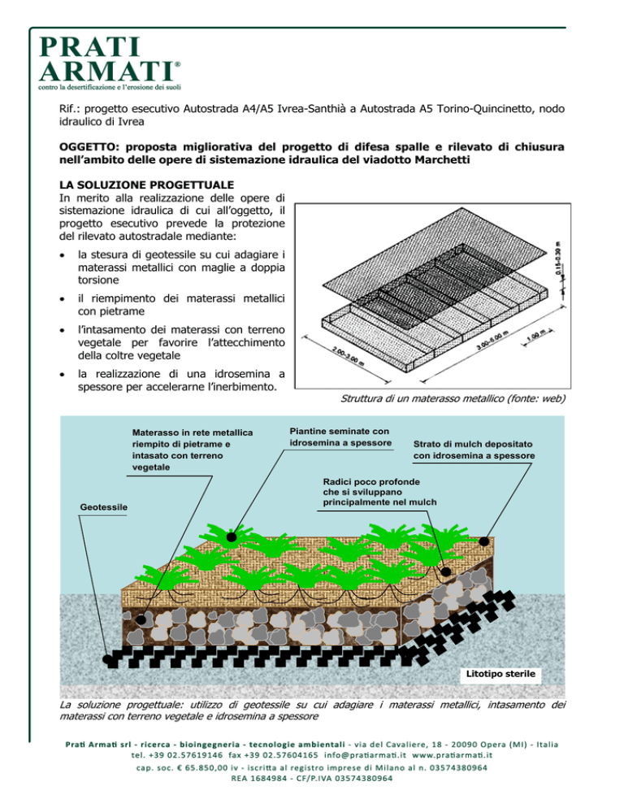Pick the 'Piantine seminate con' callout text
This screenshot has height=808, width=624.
click(340, 431)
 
